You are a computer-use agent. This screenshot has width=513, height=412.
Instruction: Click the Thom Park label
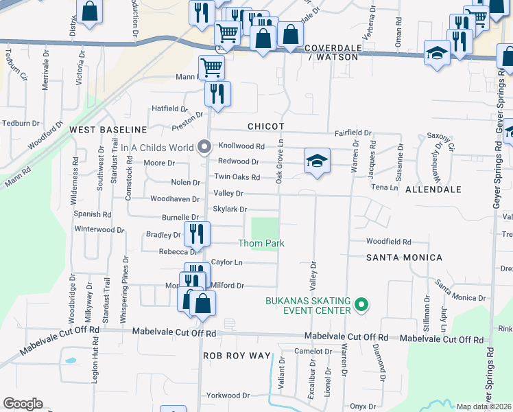(x=261, y=243)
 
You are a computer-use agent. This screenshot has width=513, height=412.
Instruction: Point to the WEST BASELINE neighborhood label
(x=108, y=129)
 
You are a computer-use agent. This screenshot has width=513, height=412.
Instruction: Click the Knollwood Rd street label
(x=241, y=146)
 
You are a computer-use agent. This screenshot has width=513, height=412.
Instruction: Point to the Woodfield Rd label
(x=388, y=242)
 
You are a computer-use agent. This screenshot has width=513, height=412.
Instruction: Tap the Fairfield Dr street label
(x=353, y=133)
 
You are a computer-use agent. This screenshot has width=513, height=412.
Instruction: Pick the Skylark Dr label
(x=230, y=209)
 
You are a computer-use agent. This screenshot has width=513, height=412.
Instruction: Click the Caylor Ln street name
(x=227, y=262)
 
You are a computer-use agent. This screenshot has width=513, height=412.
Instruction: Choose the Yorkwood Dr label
(x=228, y=396)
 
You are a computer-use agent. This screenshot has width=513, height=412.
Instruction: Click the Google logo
(x=23, y=404)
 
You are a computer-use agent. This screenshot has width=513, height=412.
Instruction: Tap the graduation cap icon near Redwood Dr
(x=317, y=161)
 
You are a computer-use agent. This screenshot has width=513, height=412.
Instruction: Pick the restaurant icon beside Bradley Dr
(x=197, y=233)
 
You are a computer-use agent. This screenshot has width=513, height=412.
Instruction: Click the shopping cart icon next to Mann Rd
(x=211, y=67)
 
